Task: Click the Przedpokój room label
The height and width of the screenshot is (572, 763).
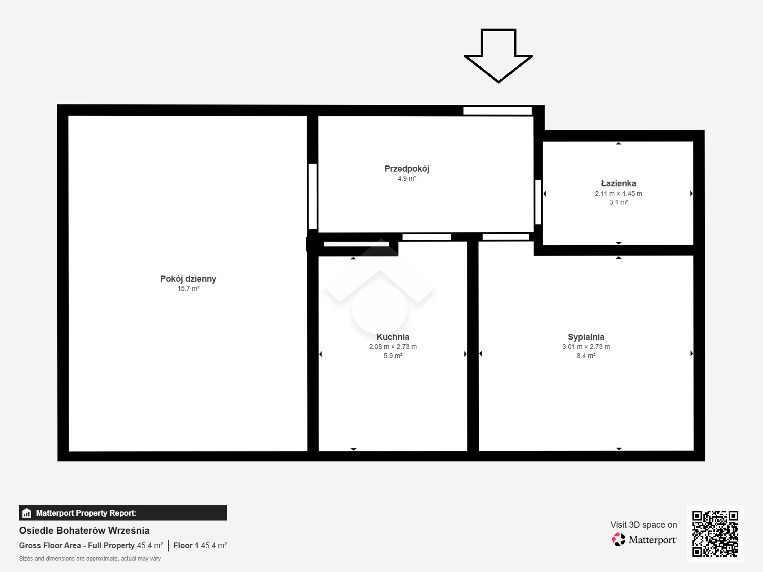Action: click(407, 169)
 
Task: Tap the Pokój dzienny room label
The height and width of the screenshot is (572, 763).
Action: click(188, 279)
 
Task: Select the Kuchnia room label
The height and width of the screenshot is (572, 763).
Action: click(393, 337)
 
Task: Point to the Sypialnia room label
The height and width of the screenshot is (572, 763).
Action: click(586, 337)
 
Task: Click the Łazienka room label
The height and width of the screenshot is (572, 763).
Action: click(619, 184)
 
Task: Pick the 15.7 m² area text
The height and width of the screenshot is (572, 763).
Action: click(188, 288)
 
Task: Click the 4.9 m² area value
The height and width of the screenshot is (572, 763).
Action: click(407, 178)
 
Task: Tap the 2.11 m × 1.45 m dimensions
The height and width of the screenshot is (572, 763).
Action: click(619, 194)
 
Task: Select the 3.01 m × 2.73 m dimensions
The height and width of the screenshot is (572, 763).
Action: click(586, 347)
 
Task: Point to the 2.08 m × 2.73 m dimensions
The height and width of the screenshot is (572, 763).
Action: click(393, 347)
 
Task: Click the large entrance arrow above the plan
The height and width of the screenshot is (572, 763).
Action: click(498, 56)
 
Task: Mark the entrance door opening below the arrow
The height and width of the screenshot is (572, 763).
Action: click(497, 111)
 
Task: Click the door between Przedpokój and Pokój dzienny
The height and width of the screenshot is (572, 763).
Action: click(312, 196)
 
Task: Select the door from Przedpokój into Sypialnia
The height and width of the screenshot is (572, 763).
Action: click(506, 237)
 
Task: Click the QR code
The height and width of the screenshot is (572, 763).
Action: click(715, 534)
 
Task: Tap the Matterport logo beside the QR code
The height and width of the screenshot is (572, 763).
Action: click(644, 540)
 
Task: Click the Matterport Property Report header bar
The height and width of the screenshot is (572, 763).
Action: click(123, 513)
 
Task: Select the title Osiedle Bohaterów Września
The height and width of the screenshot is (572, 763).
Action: click(84, 531)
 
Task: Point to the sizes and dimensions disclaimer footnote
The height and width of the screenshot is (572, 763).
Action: click(90, 559)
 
